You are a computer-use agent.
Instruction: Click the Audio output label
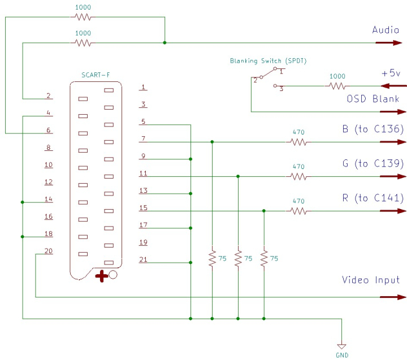tap(386, 30)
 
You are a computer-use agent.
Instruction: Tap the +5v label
tap(390, 73)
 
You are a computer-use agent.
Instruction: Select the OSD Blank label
tap(373, 99)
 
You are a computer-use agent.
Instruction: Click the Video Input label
tap(370, 280)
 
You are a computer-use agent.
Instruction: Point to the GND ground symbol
tap(341, 346)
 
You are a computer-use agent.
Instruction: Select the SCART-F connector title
tap(96, 76)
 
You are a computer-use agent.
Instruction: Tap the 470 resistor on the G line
tap(298, 176)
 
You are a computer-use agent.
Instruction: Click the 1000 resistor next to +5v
tap(337, 86)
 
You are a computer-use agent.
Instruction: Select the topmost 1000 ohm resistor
tap(83, 17)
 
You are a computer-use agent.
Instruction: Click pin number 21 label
tap(143, 259)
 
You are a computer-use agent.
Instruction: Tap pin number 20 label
tap(49, 251)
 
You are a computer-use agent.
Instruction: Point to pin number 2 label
tap(49, 96)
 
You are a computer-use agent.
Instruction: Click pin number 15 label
tap(143, 208)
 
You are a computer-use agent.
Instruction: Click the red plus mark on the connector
tap(102, 276)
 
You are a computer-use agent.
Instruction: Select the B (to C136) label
tap(373, 129)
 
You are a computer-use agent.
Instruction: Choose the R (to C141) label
tap(373, 198)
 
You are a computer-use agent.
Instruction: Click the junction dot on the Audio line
tap(164, 42)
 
